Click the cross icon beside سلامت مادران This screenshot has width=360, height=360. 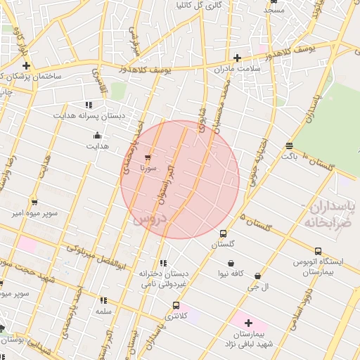pos(238,58)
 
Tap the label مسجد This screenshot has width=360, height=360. pos(274,10)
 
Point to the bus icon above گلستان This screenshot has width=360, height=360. pos(224,233)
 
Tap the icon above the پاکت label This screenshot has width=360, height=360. pos(289,146)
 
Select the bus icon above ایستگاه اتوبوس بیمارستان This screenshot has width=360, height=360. pos(318,251)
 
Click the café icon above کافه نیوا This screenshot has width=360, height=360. pos(231,263)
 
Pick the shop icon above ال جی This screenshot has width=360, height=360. pos(257,276)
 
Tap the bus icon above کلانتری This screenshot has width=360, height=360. pos(175,306)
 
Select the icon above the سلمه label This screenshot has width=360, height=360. pos(103,300)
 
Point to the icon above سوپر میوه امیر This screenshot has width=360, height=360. pos(34,202)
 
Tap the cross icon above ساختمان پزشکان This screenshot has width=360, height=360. pos(26,65)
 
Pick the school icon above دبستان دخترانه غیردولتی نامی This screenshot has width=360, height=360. pos(163,263)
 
